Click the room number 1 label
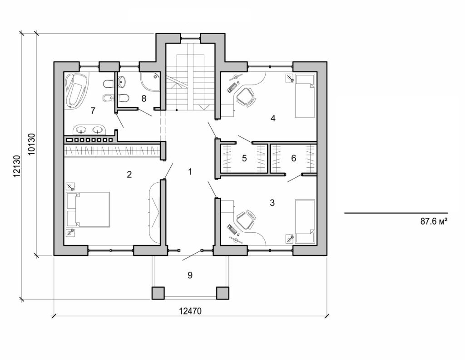pyautogui.click(x=190, y=171)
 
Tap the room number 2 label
pyautogui.click(x=129, y=174)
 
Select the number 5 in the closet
pyautogui.click(x=244, y=159)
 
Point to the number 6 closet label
pyautogui.click(x=293, y=159)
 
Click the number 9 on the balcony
pyautogui.click(x=190, y=275)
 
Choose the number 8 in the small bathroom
pyautogui.click(x=144, y=98)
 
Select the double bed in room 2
pyautogui.click(x=89, y=210)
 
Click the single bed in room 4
pyautogui.click(x=305, y=95)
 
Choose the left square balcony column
pyautogui.click(x=158, y=293)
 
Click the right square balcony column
pyautogui.click(x=223, y=293)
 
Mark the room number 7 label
pyautogui.click(x=93, y=110)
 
